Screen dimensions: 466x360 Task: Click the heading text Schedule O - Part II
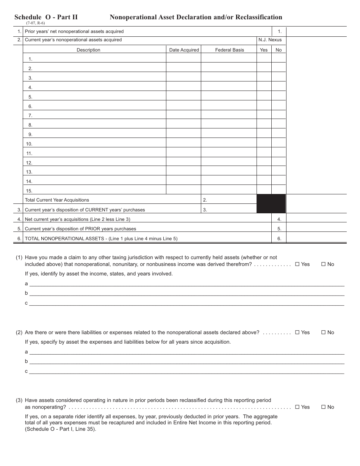click(x=46, y=17)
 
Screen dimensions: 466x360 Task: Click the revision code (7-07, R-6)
click(x=35, y=23)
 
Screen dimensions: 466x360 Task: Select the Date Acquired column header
click(x=184, y=50)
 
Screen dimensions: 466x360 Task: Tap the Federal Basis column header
click(x=230, y=50)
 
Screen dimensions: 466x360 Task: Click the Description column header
click(x=88, y=50)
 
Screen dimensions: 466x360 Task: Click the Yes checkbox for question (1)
click(x=297, y=264)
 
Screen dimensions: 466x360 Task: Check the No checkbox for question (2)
click(x=324, y=333)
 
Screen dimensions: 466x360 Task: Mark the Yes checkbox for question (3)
click(x=297, y=407)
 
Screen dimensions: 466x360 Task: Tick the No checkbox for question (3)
click(x=324, y=407)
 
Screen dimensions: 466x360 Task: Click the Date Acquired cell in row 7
click(x=183, y=115)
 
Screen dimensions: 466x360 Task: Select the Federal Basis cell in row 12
click(x=229, y=162)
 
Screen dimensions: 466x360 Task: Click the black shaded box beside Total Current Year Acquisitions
click(x=271, y=204)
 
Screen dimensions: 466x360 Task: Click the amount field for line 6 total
click(x=316, y=239)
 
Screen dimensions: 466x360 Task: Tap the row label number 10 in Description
click(x=29, y=144)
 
